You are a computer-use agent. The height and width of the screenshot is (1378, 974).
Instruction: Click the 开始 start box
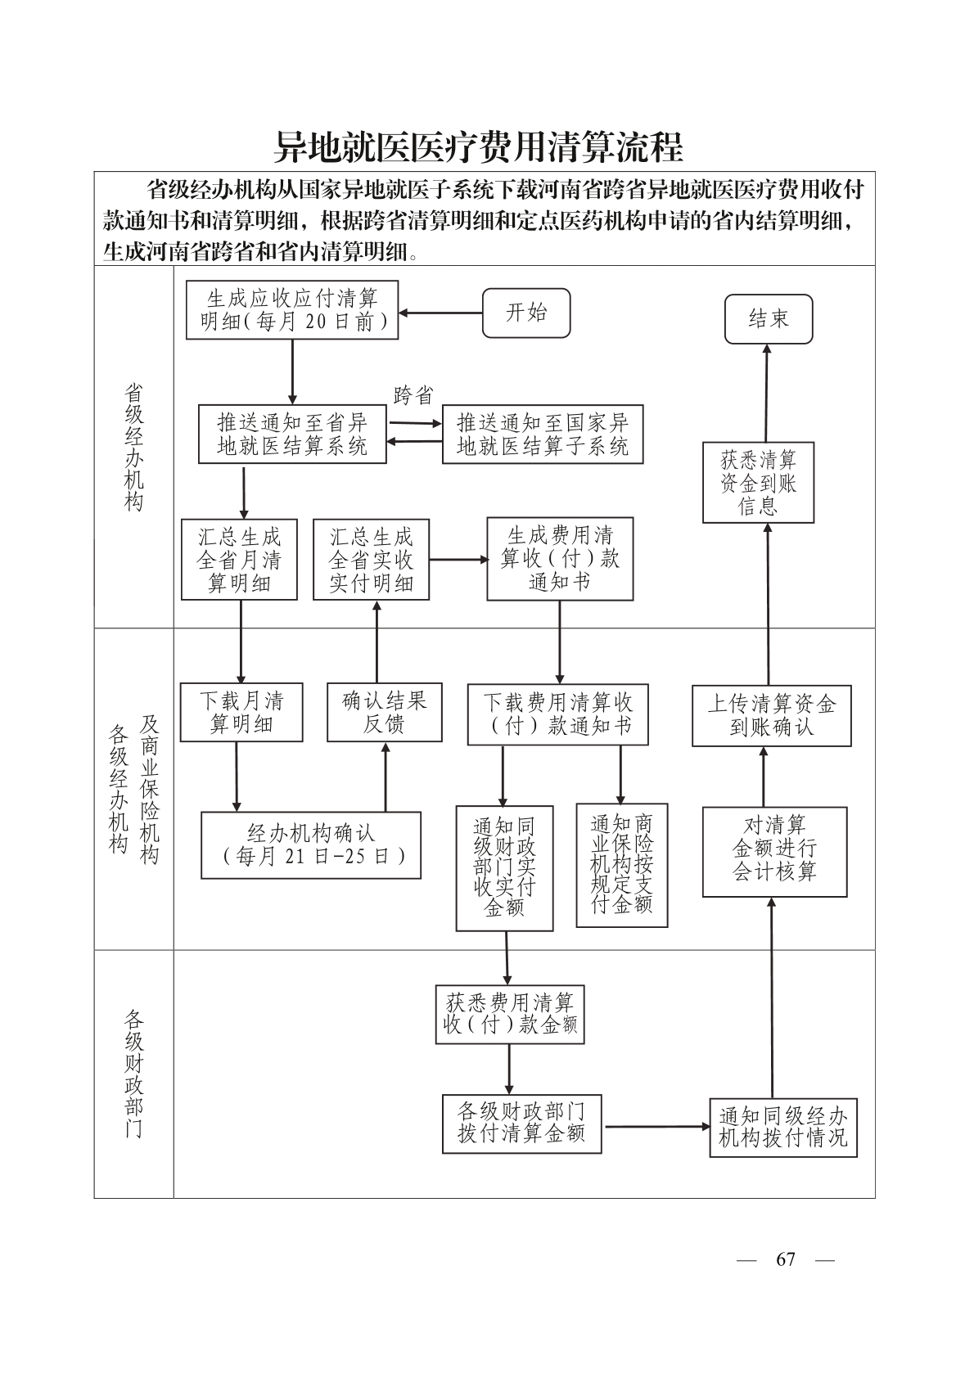pos(525,313)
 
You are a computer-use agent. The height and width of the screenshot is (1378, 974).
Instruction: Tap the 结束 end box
pos(768,318)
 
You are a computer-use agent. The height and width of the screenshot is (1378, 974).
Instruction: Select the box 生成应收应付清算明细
pos(292,310)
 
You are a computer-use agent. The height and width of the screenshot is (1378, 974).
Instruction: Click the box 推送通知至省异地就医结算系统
pos(292,434)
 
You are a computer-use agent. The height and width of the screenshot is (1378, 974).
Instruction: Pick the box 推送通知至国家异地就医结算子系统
pos(542,435)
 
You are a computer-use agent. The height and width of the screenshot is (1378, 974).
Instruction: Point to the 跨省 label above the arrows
pos(413,396)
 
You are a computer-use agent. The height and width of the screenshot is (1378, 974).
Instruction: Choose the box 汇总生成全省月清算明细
pos(239,560)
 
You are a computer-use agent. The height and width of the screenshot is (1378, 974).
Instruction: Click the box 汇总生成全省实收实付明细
pos(371,560)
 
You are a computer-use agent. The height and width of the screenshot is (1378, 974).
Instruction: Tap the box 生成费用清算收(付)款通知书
pos(560,559)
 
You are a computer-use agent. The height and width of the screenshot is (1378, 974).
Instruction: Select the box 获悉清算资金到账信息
pos(758,483)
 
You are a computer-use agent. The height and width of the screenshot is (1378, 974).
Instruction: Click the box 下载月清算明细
pos(241,712)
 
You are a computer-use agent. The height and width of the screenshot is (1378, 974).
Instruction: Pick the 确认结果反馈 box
pos(384,712)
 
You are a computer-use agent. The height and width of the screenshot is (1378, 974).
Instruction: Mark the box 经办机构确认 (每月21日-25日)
pos(311,844)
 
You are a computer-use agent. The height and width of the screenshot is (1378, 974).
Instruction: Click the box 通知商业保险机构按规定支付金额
pos(622,865)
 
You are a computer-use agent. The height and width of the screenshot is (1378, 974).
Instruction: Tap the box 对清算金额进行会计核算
pos(774,851)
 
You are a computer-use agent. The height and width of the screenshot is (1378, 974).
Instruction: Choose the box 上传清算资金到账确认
pos(771,715)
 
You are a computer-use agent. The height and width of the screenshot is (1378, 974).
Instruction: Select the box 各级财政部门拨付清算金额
pos(521,1124)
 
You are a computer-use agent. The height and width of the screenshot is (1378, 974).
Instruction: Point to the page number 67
pos(785,1259)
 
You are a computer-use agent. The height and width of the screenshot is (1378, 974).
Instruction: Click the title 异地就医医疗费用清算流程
pos(478,147)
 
